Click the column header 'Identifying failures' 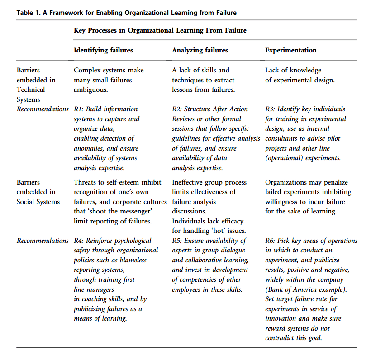click(x=103, y=50)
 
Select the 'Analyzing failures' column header click(x=200, y=50)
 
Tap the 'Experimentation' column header click(x=290, y=50)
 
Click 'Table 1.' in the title click(x=28, y=13)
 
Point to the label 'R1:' click(x=79, y=109)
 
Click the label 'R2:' click(x=177, y=109)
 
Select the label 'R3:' click(x=270, y=109)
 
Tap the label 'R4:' click(x=79, y=241)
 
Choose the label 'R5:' click(x=177, y=241)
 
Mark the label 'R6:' click(x=270, y=241)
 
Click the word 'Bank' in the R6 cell click(x=276, y=289)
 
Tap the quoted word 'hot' click(x=214, y=231)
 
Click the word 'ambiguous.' click(x=90, y=90)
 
